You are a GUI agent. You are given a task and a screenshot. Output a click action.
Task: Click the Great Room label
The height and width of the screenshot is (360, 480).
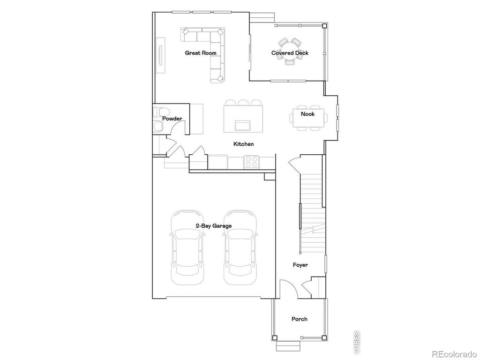point(201,53)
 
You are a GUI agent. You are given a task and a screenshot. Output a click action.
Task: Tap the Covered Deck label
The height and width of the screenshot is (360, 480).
point(290,53)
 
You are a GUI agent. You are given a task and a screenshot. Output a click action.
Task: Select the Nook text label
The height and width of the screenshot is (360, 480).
point(307,114)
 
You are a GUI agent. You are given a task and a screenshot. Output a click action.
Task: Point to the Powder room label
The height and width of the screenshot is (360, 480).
point(172,119)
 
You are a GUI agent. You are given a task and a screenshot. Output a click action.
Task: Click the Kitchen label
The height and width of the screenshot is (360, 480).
point(243,144)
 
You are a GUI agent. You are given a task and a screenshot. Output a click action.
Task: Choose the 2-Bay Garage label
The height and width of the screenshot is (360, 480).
point(213,225)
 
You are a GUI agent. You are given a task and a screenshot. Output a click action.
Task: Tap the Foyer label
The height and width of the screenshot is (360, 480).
point(300,265)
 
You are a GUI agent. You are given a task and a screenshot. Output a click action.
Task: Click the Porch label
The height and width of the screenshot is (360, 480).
point(300,319)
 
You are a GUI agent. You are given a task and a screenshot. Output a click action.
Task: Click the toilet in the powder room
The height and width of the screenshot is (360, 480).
point(159,112)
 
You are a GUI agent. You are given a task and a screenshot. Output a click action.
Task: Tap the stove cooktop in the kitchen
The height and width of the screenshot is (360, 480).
point(251,162)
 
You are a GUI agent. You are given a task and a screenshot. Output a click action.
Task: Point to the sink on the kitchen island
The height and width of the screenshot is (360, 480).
point(243,125)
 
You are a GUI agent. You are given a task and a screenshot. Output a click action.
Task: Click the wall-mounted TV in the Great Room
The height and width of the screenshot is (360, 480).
point(161,55)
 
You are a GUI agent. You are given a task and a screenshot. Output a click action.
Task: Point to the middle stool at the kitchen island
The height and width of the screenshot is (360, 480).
point(243,103)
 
